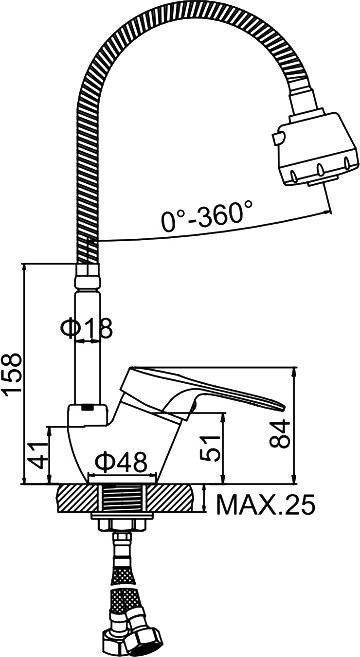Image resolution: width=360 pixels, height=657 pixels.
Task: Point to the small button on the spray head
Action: pos(275,134)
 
